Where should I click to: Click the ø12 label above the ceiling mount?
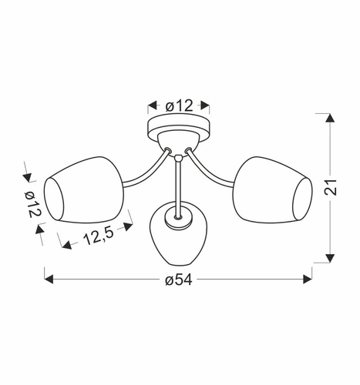pyautogui.click(x=179, y=105)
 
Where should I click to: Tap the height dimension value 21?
pyautogui.click(x=330, y=187)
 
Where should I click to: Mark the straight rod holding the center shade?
pyautogui.click(x=178, y=185)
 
